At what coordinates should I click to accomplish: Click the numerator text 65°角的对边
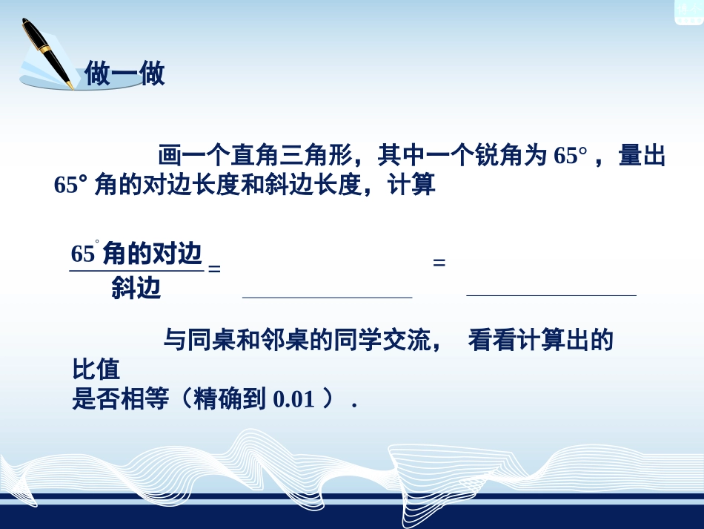pyautogui.click(x=136, y=254)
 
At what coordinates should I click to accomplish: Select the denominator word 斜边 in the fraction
pyautogui.click(x=136, y=288)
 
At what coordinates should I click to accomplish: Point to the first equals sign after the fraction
pyautogui.click(x=214, y=269)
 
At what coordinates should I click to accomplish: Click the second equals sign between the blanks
pyautogui.click(x=439, y=263)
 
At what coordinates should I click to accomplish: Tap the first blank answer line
pyautogui.click(x=327, y=296)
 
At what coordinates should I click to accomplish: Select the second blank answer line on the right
pyautogui.click(x=551, y=295)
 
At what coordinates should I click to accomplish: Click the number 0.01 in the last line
pyautogui.click(x=294, y=400)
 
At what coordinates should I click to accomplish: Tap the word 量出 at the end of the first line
pyautogui.click(x=642, y=157)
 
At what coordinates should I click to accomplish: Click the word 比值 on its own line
pyautogui.click(x=96, y=369)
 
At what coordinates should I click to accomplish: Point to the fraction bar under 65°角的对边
pyautogui.click(x=136, y=271)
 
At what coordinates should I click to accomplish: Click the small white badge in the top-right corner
pyautogui.click(x=688, y=10)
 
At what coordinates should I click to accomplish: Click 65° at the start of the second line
pyautogui.click(x=71, y=185)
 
